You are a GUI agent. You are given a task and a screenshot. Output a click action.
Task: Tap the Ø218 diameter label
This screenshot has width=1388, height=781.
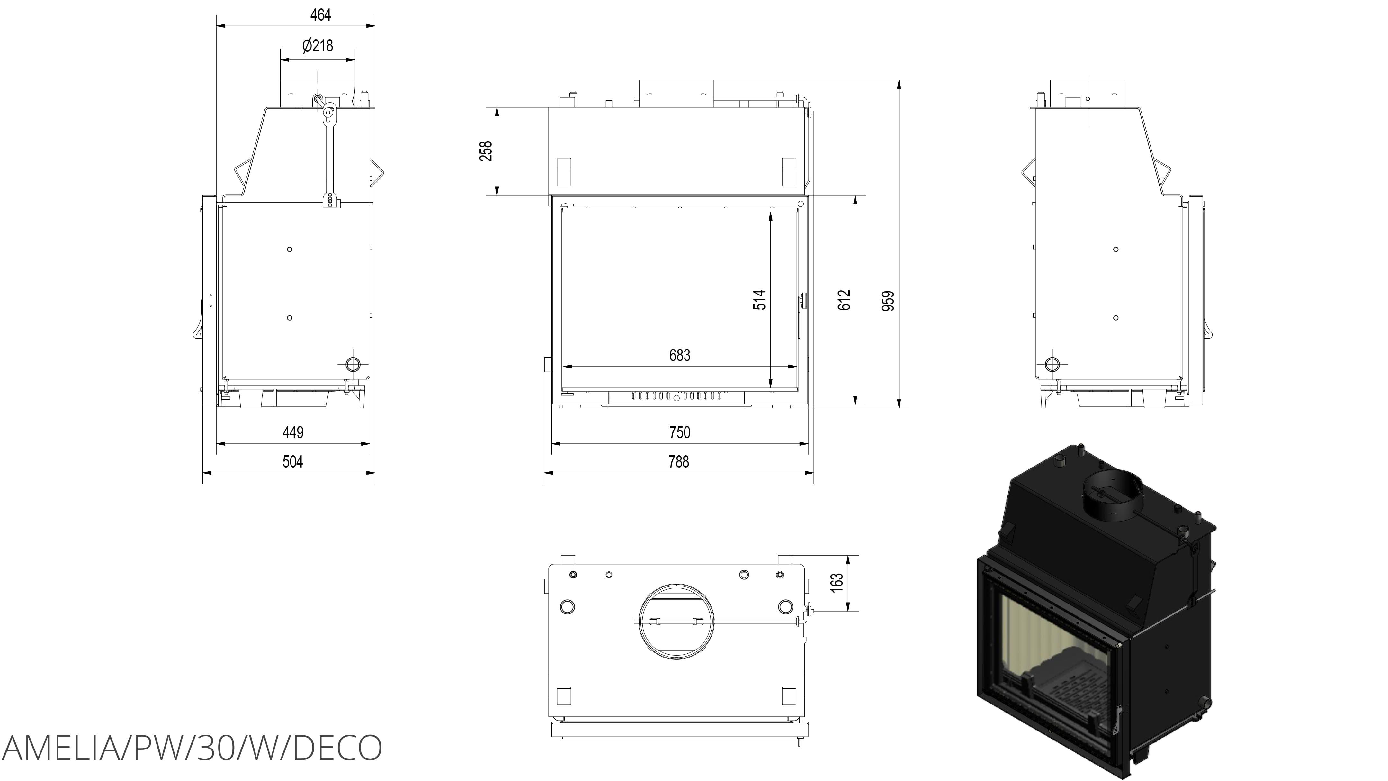tap(318, 45)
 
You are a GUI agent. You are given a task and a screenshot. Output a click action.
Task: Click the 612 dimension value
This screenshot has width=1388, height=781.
tap(844, 300)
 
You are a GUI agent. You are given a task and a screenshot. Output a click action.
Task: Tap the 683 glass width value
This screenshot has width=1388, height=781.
tap(679, 355)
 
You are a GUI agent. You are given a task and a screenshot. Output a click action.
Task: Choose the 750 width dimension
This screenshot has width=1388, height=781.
tap(679, 432)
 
